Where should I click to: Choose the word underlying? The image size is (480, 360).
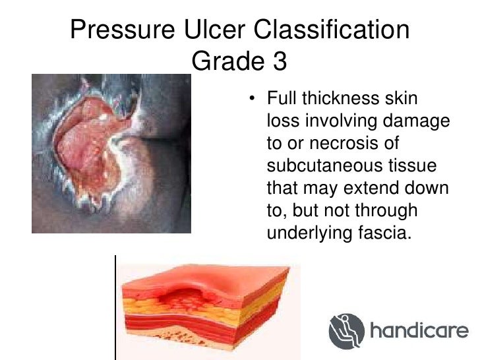tap(305, 231)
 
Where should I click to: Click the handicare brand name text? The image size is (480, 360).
tap(418, 330)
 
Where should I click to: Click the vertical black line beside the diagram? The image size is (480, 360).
tap(116, 307)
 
